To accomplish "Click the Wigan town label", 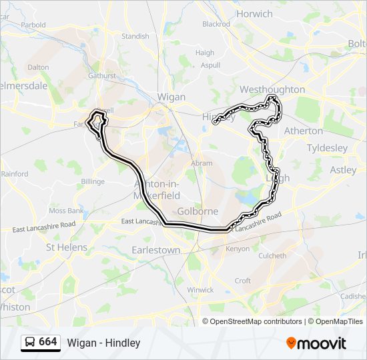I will click(x=171, y=97).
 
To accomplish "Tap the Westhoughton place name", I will click(x=272, y=89).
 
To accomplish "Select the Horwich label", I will click(x=254, y=13).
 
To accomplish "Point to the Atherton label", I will click(x=304, y=131).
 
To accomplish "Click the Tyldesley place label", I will click(x=327, y=147).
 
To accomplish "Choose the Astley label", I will click(x=343, y=170).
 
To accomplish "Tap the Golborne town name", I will click(x=198, y=211).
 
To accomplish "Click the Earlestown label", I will click(x=156, y=250).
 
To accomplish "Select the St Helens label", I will click(x=66, y=247).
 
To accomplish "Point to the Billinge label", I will click(x=93, y=181).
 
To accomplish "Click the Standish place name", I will click(x=135, y=36).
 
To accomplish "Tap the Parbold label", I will click(x=33, y=25).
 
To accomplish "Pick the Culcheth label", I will click(x=272, y=255).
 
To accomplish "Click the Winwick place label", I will click(x=200, y=290).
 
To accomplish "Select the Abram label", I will click(x=202, y=163).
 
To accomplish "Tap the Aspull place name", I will click(x=210, y=65).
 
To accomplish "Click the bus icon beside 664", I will click(x=30, y=343).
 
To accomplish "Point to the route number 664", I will click(x=48, y=342).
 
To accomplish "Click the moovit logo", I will click(x=316, y=343).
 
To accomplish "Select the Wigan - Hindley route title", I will click(x=103, y=343).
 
